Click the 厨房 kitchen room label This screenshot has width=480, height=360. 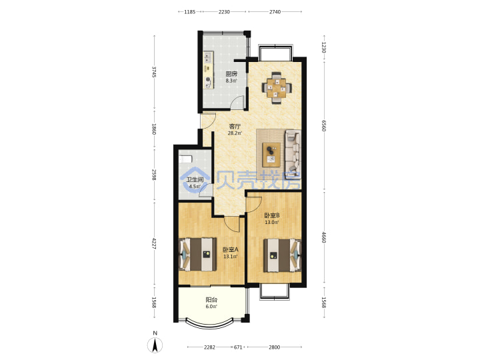click(231, 74)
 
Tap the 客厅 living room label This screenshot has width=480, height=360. click(235, 126)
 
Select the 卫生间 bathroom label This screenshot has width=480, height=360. click(195, 180)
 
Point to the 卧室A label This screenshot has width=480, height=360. click(230, 250)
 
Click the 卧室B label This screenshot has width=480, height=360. click(272, 215)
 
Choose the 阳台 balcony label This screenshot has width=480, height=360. click(211, 300)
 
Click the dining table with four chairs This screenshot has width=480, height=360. click(277, 88)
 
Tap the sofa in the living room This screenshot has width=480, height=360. click(293, 151)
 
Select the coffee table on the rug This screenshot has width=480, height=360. click(271, 155)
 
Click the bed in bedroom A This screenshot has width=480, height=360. click(198, 255)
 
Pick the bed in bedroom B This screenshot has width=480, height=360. click(283, 255)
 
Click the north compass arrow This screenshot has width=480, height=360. click(155, 345)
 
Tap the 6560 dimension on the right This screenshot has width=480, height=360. click(324, 125)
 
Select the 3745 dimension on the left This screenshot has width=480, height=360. click(154, 72)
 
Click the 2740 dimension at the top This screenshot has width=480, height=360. click(275, 11)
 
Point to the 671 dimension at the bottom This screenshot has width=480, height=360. click(238, 347)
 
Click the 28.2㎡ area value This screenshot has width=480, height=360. click(235, 133)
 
